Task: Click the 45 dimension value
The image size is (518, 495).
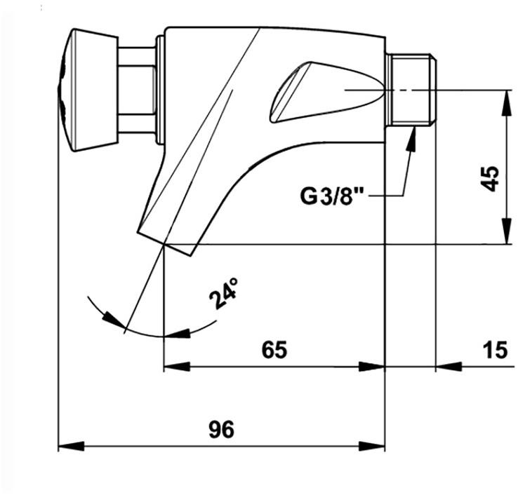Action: pos(491,178)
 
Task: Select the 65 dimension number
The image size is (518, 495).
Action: pos(274,349)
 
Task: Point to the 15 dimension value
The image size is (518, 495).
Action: pos(495,349)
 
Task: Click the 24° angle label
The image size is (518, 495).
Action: pos(225,293)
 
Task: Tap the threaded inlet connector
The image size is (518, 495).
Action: pos(411,90)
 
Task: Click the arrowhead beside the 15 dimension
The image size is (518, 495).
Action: pos(448,367)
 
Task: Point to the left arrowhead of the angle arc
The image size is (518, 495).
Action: pos(110,318)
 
